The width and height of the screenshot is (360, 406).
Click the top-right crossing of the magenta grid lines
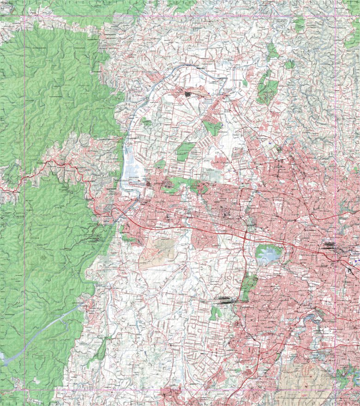pyautogui.click(x=336, y=18)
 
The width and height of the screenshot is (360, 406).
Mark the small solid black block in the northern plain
pyautogui.click(x=188, y=94)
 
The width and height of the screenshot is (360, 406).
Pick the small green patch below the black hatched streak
pyautogui.click(x=215, y=314)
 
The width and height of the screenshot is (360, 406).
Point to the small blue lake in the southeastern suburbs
pyautogui.click(x=318, y=317)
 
